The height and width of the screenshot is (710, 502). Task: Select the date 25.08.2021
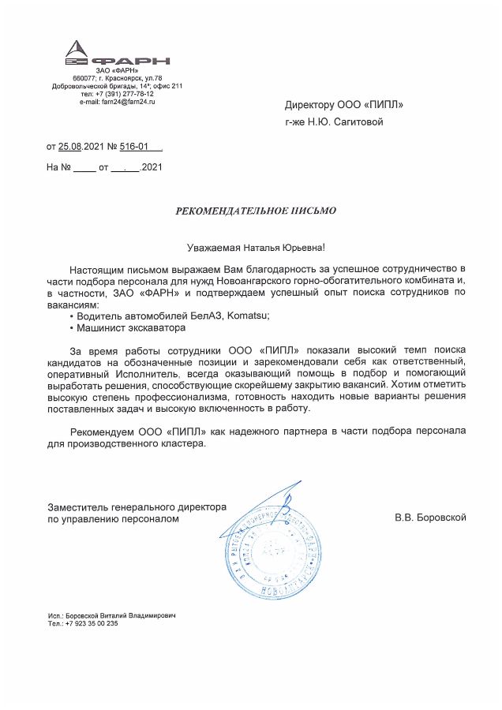(x=82, y=146)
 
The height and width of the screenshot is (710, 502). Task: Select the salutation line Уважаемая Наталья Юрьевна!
(x=249, y=248)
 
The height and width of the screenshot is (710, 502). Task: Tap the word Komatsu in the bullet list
(x=249, y=316)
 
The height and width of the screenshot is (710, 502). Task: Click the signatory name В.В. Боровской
(x=431, y=518)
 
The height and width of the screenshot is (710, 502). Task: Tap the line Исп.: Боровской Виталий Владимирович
(x=111, y=615)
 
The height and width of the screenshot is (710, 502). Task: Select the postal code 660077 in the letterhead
(x=84, y=78)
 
